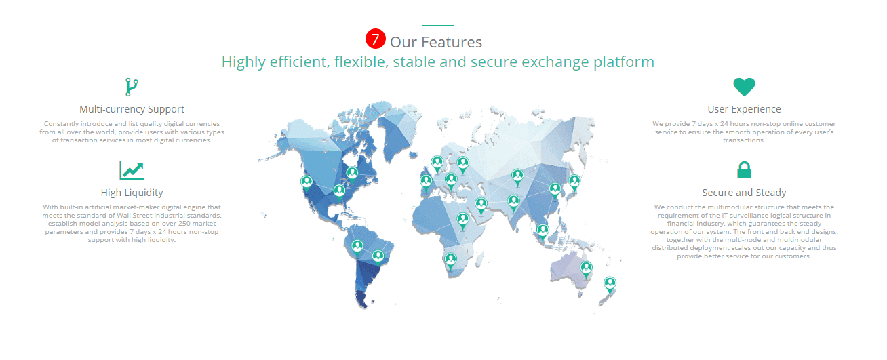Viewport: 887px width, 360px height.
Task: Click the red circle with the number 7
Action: [376, 39]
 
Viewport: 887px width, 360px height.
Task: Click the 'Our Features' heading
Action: [436, 42]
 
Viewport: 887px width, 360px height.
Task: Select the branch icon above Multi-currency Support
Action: [132, 87]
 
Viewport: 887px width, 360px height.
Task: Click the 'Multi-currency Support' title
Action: [132, 109]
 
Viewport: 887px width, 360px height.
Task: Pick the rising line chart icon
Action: [132, 170]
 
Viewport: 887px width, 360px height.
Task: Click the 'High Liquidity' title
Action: [132, 193]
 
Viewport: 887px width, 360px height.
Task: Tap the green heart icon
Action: [744, 87]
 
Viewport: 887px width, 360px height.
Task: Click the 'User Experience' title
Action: [744, 109]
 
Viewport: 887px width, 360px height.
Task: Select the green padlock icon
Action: [744, 170]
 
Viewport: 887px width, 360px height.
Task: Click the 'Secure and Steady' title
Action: [744, 193]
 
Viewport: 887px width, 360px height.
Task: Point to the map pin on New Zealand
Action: [610, 285]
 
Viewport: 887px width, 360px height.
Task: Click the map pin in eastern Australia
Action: [586, 270]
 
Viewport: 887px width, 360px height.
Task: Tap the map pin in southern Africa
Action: [450, 262]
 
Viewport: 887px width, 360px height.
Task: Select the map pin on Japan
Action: [574, 183]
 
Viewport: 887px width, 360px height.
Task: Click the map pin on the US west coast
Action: [306, 184]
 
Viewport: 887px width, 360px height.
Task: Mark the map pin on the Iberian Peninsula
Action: [426, 183]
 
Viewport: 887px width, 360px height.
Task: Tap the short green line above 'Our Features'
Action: [438, 26]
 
